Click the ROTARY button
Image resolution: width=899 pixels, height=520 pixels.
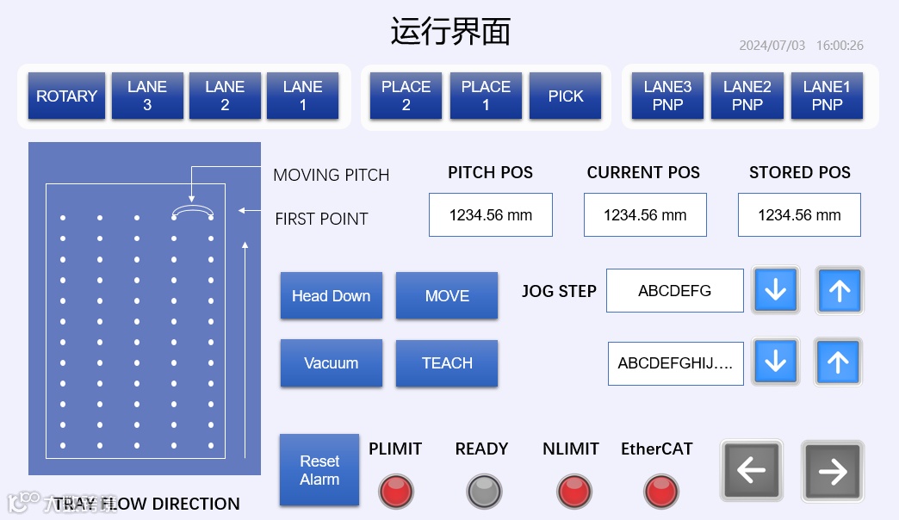pos(66,96)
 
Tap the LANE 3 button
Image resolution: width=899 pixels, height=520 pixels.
pos(147,96)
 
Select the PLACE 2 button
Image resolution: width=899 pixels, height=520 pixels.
pos(406,96)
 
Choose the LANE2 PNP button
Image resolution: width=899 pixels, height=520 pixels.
pos(747,96)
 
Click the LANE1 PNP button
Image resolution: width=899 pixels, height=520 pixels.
pos(827,96)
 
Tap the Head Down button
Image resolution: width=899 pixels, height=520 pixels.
pos(331,295)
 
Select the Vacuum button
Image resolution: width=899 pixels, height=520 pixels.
pos(331,362)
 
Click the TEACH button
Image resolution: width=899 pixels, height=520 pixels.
pos(447,362)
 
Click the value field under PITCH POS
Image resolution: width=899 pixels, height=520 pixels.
pos(490,215)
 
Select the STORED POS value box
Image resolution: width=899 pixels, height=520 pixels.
pos(799,215)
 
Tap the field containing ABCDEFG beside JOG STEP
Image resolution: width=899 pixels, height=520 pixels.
pos(674,291)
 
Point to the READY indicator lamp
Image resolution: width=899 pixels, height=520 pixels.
pos(484,492)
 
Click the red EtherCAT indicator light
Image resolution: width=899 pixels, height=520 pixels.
pos(661,492)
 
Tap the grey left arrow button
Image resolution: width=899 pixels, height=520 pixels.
pos(752,470)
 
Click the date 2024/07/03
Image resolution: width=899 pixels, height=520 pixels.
pos(772,46)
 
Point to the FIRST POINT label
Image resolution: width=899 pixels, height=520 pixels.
pos(321,219)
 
